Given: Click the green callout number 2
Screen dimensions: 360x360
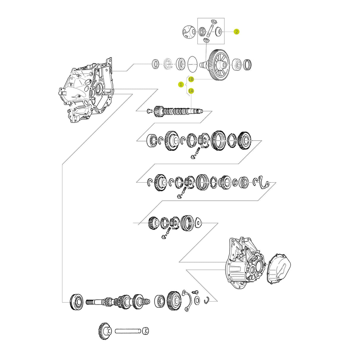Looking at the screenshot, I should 236,32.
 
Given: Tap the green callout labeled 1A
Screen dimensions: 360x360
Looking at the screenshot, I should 191,91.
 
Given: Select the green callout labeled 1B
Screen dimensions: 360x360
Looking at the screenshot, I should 191,79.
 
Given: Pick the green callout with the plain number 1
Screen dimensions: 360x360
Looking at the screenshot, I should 181,85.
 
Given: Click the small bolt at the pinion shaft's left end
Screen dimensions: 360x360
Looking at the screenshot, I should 149,111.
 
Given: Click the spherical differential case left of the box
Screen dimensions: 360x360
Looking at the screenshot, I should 188,31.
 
